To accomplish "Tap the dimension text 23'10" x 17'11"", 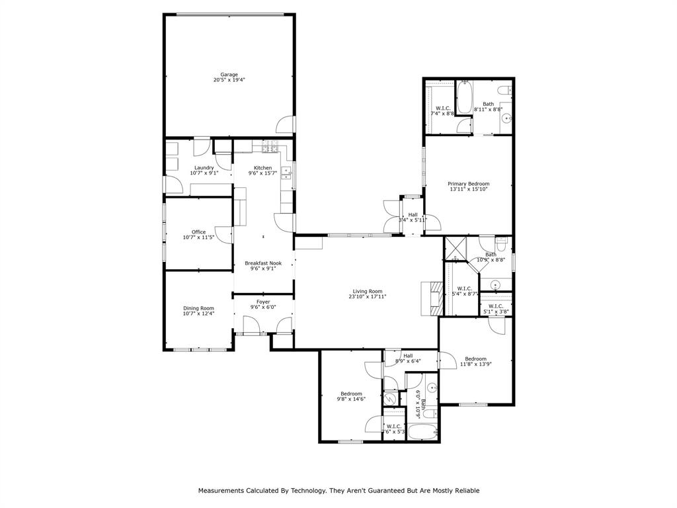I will (x=368, y=297).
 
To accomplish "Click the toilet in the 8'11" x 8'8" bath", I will (x=504, y=89).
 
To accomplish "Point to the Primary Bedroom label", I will (x=468, y=184).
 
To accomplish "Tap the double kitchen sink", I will (x=287, y=173).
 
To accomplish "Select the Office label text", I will (x=198, y=232).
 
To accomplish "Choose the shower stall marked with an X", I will (x=456, y=249).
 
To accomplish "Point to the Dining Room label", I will (x=198, y=308).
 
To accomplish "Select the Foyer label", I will (x=263, y=302).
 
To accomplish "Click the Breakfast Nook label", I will (x=263, y=263).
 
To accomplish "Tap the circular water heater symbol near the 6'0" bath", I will (x=391, y=399).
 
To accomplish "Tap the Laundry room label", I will (x=204, y=168).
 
